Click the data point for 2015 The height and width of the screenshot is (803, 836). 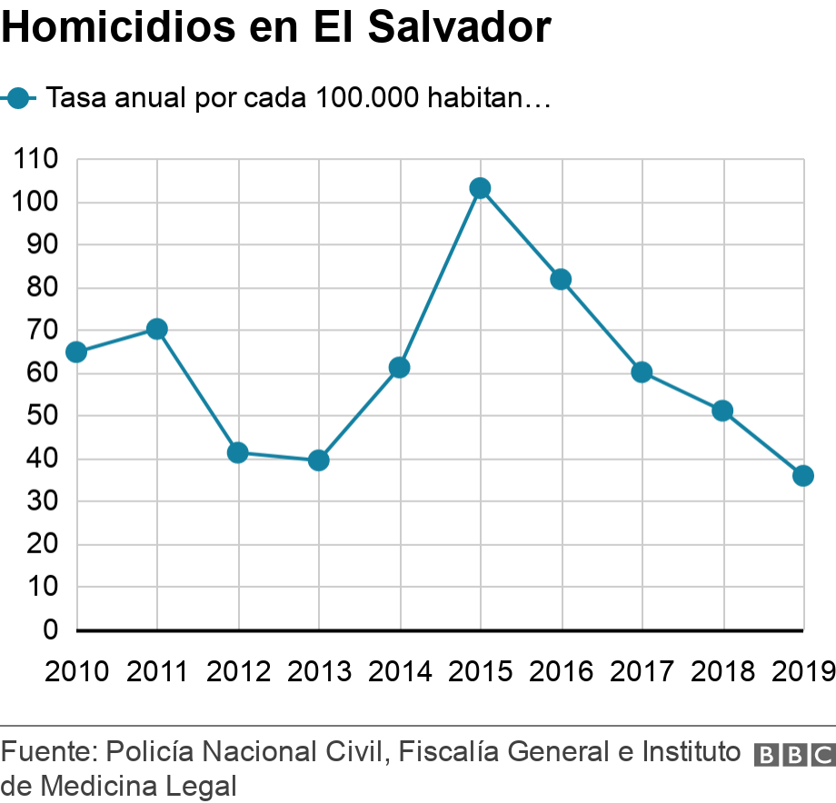(x=480, y=188)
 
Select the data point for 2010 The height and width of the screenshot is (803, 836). (x=76, y=352)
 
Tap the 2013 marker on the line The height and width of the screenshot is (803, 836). (x=318, y=461)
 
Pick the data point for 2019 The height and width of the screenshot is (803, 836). (x=802, y=476)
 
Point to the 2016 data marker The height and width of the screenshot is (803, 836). (x=561, y=279)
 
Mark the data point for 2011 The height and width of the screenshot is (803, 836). (x=156, y=329)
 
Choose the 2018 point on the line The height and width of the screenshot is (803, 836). (x=722, y=411)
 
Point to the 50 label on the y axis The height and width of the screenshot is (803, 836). (x=42, y=416)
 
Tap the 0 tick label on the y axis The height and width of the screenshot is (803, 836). (x=51, y=630)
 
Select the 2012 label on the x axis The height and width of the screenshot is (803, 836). (x=238, y=672)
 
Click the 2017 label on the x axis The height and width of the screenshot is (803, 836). (x=642, y=672)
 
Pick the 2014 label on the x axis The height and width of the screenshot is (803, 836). (x=400, y=672)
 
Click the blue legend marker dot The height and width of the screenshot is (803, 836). (x=19, y=98)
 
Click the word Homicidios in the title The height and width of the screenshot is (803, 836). (x=117, y=28)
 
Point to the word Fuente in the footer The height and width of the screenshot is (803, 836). (x=49, y=752)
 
